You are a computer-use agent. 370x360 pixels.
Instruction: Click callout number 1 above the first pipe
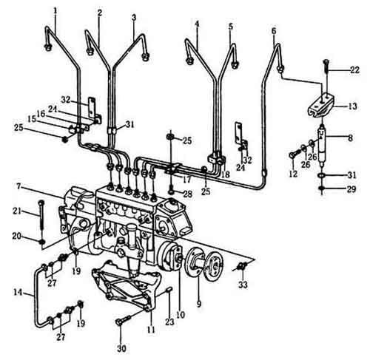(55, 11)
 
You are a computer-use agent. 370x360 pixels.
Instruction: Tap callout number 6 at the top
(274, 31)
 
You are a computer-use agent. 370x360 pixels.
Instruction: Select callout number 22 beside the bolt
(354, 70)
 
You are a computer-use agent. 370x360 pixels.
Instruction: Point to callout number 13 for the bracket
(353, 106)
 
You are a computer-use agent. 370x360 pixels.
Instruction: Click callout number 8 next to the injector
(351, 137)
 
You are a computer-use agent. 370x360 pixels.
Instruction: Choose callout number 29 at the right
(351, 189)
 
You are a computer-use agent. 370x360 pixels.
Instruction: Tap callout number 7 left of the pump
(19, 186)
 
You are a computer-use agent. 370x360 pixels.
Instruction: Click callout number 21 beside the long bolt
(17, 211)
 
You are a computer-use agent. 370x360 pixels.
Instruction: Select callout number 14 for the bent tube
(18, 293)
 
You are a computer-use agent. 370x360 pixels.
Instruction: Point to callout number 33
(243, 285)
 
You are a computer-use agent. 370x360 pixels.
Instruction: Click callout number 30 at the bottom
(121, 348)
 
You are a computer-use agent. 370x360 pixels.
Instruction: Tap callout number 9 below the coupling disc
(199, 304)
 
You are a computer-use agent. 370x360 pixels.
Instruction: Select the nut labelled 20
(42, 241)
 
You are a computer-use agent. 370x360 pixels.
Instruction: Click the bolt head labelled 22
(326, 62)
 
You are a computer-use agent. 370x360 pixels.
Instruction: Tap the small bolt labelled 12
(295, 155)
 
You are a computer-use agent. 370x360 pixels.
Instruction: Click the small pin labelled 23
(169, 290)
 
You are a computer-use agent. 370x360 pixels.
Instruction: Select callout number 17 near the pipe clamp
(187, 180)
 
